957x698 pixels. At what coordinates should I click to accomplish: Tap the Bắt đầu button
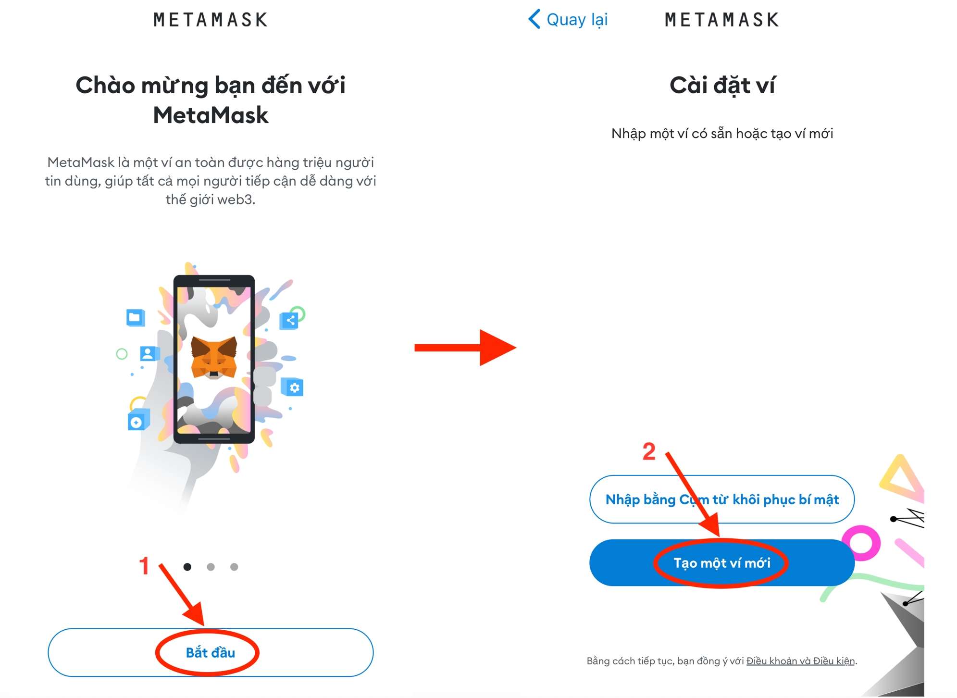click(x=211, y=652)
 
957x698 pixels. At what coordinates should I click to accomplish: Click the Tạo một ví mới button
click(x=721, y=562)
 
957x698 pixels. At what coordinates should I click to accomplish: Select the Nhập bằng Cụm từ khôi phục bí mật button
click(x=721, y=499)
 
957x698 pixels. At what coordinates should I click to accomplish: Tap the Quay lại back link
click(x=568, y=20)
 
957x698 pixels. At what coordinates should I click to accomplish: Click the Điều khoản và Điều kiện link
click(x=800, y=661)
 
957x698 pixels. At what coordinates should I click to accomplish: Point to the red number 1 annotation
click(x=144, y=566)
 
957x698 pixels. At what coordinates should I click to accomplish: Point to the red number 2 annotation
click(x=649, y=451)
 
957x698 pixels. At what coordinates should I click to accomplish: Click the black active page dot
click(x=187, y=567)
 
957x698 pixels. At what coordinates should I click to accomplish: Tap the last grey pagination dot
click(x=234, y=567)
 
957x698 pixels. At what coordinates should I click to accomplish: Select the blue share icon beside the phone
click(x=289, y=320)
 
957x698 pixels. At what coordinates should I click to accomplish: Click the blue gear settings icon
click(x=293, y=387)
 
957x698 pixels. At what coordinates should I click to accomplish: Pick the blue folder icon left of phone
click(x=136, y=318)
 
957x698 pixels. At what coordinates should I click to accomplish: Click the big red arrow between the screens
click(x=465, y=348)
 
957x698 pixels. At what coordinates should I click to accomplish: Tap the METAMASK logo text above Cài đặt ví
click(x=721, y=20)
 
